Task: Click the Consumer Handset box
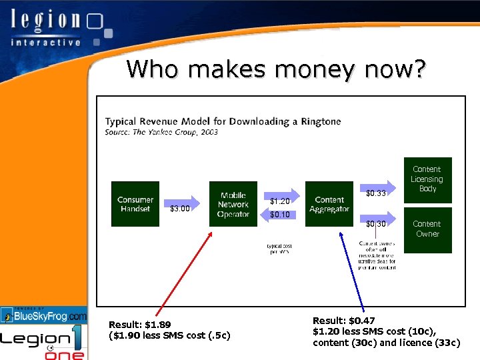[x=135, y=204]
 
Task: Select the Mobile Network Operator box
[x=233, y=204]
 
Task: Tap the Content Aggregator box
[x=329, y=204]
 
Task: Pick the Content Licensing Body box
[x=427, y=179]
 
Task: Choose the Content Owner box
[x=427, y=229]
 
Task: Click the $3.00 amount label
[x=180, y=209]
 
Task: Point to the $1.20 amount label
[x=280, y=201]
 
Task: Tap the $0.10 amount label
[x=280, y=215]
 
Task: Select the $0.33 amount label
[x=377, y=194]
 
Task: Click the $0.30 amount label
[x=377, y=224]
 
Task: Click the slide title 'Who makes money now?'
[x=275, y=69]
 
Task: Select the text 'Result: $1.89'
[x=139, y=325]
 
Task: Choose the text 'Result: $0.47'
[x=344, y=321]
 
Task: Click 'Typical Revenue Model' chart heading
[x=223, y=121]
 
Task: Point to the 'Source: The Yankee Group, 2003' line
[x=161, y=132]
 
